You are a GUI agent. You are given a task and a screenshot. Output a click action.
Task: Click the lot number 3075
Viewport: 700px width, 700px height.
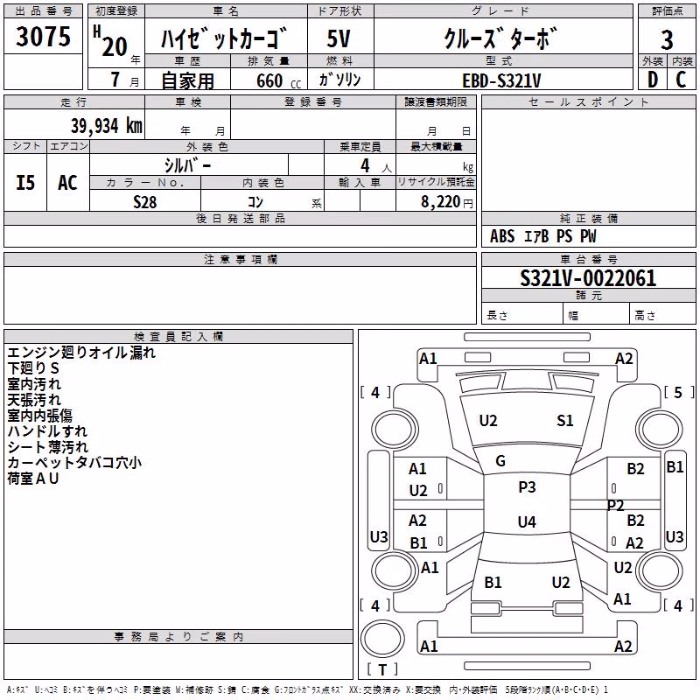(x=43, y=36)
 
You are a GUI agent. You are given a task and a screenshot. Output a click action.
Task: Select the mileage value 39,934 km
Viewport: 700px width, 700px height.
(x=107, y=126)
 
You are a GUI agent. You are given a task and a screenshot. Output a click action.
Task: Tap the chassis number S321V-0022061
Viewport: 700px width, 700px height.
(x=588, y=278)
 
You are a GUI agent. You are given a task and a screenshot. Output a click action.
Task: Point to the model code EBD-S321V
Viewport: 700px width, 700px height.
(x=501, y=80)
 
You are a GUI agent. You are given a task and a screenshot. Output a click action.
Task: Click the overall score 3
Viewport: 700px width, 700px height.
(x=667, y=40)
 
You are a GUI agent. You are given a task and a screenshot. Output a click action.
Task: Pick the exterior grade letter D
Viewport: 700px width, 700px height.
(x=653, y=80)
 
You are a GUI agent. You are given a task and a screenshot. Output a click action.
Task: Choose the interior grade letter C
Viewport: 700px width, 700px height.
(x=681, y=80)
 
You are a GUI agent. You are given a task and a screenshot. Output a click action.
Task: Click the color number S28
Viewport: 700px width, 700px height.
(x=145, y=202)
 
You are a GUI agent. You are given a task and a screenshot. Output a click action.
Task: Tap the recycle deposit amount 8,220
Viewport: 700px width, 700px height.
(x=441, y=202)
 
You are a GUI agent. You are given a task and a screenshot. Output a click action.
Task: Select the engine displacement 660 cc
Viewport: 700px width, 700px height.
(x=279, y=80)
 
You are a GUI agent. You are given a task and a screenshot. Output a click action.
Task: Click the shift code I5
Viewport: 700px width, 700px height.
(x=25, y=183)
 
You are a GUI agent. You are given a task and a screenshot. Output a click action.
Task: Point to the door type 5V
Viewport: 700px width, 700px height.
(x=339, y=38)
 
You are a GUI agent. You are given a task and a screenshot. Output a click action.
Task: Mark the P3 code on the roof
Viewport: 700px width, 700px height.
(x=527, y=486)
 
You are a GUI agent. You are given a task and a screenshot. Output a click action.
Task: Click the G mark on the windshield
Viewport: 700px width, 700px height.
(x=500, y=461)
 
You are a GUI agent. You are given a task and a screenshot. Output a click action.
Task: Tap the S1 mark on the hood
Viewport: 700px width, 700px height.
(x=564, y=420)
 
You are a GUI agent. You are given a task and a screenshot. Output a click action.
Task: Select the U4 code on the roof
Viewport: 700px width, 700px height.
(x=527, y=521)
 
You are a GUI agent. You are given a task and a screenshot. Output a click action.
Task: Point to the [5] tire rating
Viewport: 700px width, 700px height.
(x=679, y=392)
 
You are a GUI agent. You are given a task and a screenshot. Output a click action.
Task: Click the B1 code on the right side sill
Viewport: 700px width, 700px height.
(x=675, y=467)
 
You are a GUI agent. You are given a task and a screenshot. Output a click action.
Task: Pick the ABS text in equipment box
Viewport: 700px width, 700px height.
(x=501, y=236)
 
